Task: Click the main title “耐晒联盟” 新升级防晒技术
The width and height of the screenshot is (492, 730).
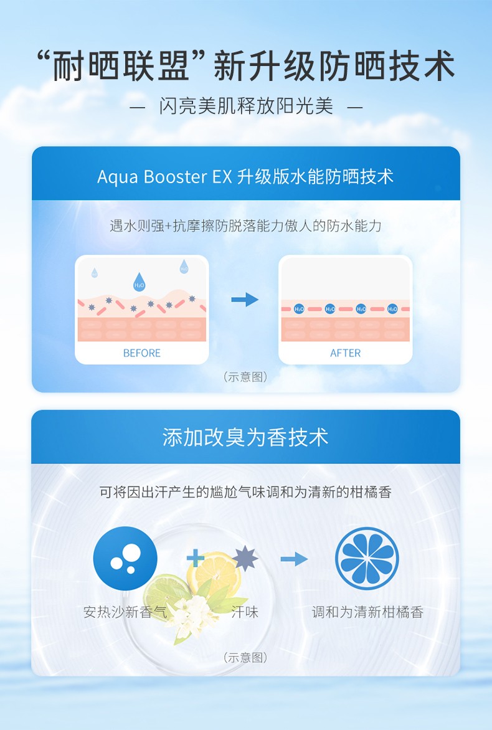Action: pos(246,66)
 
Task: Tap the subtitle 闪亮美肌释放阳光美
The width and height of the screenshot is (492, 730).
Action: pos(246,107)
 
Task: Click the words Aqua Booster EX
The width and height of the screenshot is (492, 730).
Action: pos(164,176)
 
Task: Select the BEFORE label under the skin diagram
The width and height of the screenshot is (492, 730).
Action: pos(141,353)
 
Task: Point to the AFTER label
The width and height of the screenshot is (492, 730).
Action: pos(345,353)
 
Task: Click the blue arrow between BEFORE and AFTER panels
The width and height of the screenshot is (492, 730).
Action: pos(244,300)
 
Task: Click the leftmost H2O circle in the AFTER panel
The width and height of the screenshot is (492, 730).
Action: pos(299,309)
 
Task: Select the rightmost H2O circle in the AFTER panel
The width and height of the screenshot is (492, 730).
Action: pos(392,309)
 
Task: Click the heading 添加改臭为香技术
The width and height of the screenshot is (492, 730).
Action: pos(245,437)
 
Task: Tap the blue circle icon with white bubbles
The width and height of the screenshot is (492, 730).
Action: pos(125,558)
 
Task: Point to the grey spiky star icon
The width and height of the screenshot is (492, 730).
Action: pos(244,558)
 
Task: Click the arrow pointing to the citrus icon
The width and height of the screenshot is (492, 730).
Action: pos(294,559)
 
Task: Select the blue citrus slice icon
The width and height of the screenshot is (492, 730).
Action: pos(366,558)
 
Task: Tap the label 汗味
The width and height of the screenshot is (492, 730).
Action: pos(244,612)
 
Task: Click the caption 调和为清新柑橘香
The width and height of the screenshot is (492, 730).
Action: pos(367,612)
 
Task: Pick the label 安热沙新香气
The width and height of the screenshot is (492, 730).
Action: pos(125,612)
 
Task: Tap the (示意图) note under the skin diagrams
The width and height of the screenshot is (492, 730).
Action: pos(245,377)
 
